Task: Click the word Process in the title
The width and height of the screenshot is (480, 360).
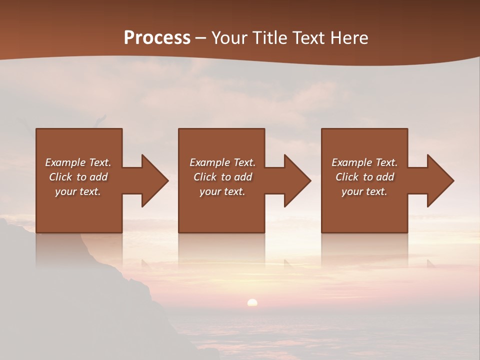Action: [x=157, y=37]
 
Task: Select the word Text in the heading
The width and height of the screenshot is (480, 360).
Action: [x=307, y=37]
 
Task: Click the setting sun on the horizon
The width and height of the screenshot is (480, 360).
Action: [x=252, y=302]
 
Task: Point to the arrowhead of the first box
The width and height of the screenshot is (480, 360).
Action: [x=154, y=180]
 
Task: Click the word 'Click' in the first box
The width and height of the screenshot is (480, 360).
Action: [x=60, y=177]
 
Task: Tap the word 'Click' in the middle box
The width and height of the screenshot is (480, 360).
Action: [x=205, y=177]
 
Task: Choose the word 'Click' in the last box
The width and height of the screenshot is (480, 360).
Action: [x=347, y=177]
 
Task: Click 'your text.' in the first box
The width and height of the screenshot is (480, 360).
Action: [x=78, y=191]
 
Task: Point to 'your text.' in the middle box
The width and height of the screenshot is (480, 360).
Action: [x=222, y=191]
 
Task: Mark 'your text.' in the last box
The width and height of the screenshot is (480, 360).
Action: [x=364, y=191]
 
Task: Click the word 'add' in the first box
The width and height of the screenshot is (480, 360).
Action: [x=98, y=177]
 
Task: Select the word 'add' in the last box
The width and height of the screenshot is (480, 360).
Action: [x=385, y=177]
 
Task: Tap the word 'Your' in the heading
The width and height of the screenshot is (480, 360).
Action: [x=229, y=37]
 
